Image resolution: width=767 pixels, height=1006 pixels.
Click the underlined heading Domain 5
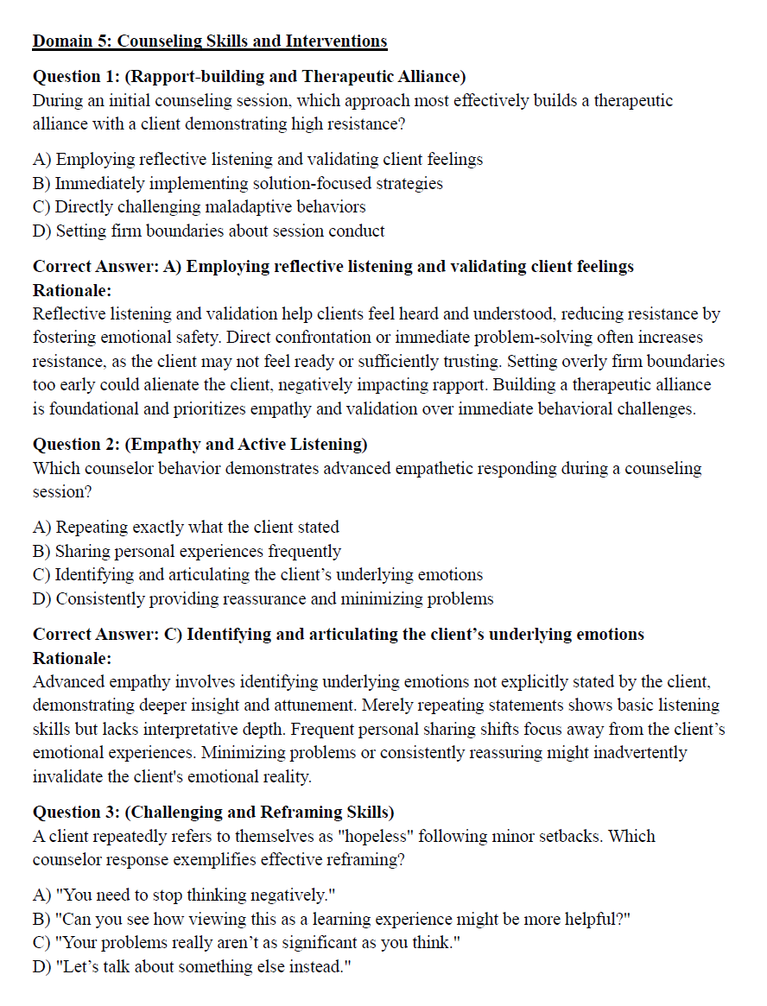click(210, 41)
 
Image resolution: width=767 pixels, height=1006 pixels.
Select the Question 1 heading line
click(249, 76)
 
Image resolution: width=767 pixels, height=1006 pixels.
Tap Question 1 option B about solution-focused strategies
click(238, 183)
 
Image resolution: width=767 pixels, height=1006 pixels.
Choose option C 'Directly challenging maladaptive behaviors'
click(199, 207)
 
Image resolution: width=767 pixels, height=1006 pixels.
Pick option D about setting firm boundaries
click(208, 231)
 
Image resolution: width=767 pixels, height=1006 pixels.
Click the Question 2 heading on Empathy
click(200, 444)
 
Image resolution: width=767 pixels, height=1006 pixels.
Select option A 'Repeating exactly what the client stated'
click(186, 527)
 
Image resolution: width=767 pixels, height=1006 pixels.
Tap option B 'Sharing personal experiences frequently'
click(187, 551)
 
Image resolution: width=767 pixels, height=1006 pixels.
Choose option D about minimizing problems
click(263, 598)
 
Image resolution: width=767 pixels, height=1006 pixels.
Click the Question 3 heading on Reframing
click(213, 812)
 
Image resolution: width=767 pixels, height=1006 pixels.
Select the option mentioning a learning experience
click(332, 919)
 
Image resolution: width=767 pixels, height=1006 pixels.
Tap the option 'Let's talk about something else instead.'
click(192, 966)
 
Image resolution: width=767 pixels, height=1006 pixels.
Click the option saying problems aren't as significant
click(245, 942)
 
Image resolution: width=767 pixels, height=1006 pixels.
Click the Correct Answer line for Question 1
click(333, 266)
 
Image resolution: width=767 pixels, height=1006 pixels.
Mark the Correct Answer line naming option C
click(338, 634)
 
